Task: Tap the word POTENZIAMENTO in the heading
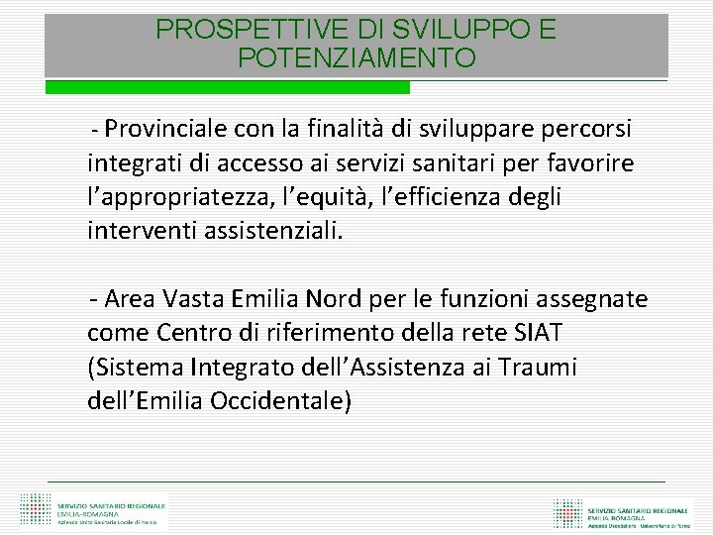[356, 58]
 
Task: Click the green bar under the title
[228, 87]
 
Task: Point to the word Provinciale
[166, 130]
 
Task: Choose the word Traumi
[536, 368]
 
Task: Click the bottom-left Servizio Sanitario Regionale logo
[94, 510]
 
